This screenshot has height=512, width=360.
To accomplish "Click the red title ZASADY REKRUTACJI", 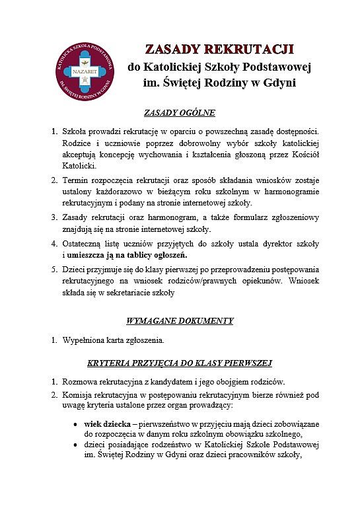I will click(x=219, y=50).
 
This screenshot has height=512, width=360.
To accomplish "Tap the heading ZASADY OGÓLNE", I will click(x=180, y=112).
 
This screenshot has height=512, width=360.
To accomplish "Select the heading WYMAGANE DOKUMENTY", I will click(x=180, y=321).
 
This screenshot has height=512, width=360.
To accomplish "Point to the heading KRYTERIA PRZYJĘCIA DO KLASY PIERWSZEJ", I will click(x=180, y=363).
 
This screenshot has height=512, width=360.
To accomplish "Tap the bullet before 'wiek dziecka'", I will click(x=76, y=423).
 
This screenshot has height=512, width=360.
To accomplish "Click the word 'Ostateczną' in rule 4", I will click(x=85, y=243).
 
